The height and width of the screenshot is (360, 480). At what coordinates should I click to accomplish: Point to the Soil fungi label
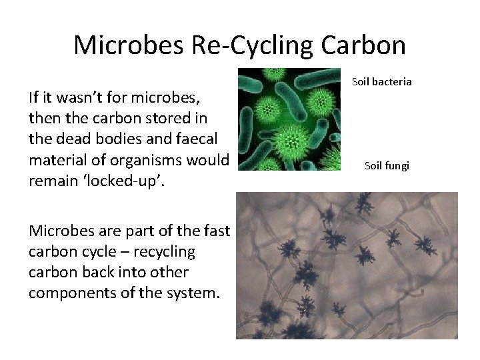click(x=387, y=165)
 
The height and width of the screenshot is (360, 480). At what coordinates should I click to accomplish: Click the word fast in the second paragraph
click(x=215, y=232)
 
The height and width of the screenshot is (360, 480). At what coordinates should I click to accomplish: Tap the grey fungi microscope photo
click(x=347, y=265)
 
